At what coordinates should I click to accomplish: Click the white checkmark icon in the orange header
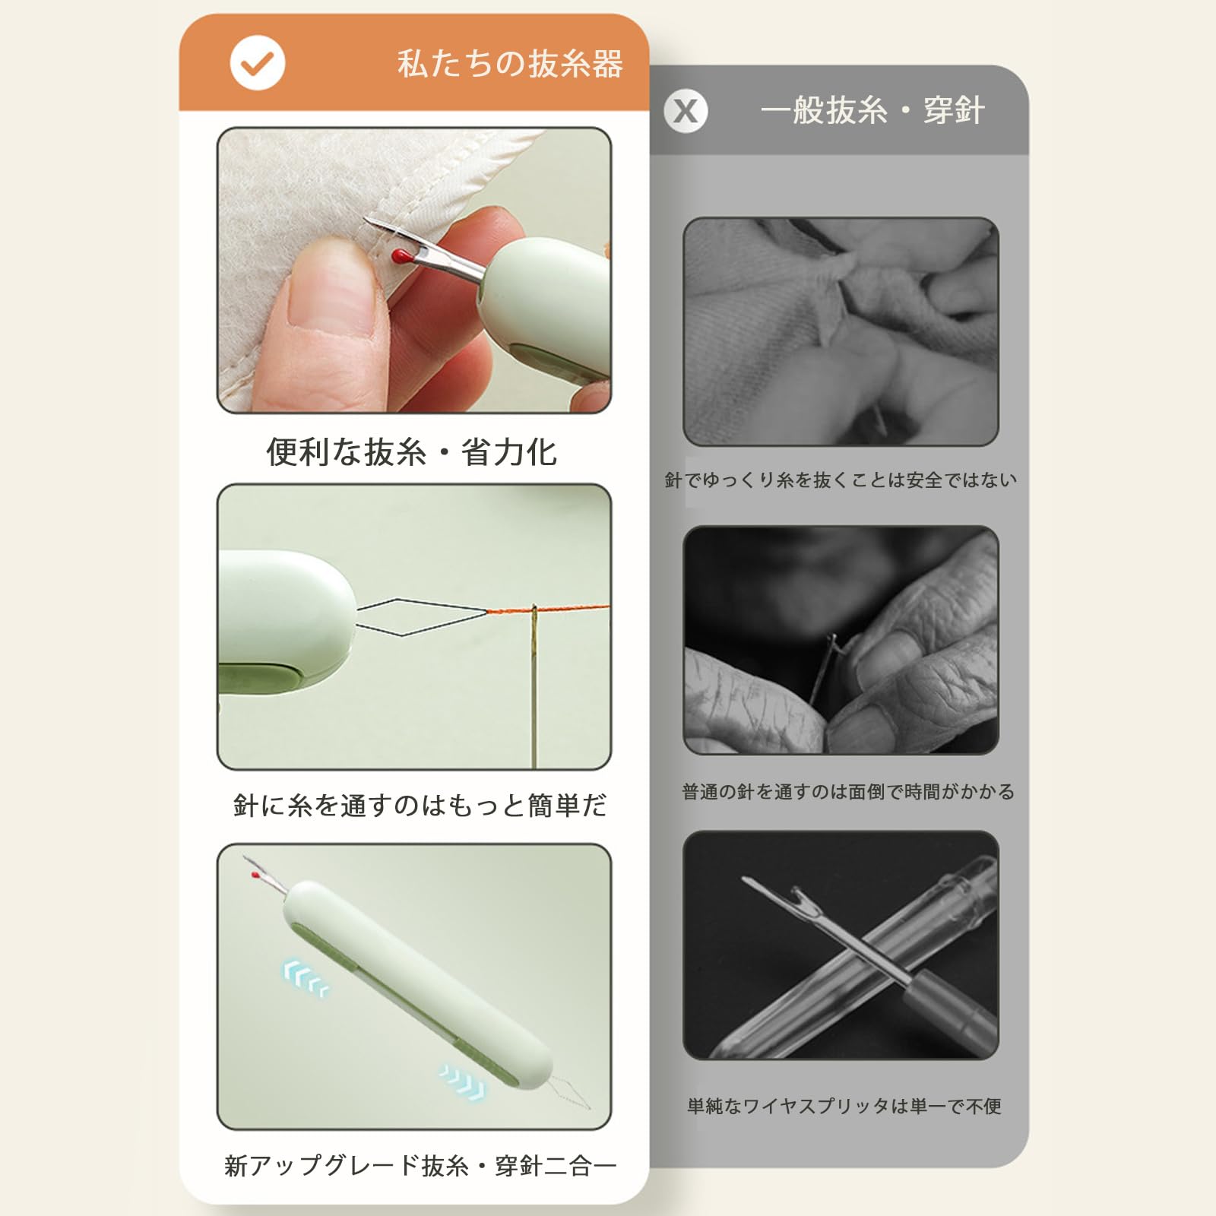pyautogui.click(x=258, y=63)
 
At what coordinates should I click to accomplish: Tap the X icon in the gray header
pyautogui.click(x=686, y=111)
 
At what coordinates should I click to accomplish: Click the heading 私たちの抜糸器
pyautogui.click(x=510, y=64)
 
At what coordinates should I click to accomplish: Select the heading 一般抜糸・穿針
pyautogui.click(x=872, y=111)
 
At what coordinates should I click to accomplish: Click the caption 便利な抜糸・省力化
pyautogui.click(x=411, y=451)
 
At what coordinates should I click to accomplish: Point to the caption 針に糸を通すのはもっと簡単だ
pyautogui.click(x=420, y=806)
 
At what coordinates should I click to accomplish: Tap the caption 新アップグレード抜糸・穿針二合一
pyautogui.click(x=420, y=1165)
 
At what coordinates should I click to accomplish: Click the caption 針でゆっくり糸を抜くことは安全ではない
pyautogui.click(x=841, y=480)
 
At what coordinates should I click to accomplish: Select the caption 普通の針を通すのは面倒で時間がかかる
pyautogui.click(x=848, y=792)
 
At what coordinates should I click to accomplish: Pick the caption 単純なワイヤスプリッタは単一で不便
pyautogui.click(x=844, y=1106)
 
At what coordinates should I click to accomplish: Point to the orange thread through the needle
pyautogui.click(x=548, y=610)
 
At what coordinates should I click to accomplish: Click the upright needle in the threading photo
pyautogui.click(x=534, y=685)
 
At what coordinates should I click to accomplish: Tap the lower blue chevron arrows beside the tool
pyautogui.click(x=461, y=1081)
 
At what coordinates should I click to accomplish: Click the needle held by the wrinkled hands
pyautogui.click(x=822, y=669)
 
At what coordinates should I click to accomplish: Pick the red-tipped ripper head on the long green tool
pyautogui.click(x=264, y=874)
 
